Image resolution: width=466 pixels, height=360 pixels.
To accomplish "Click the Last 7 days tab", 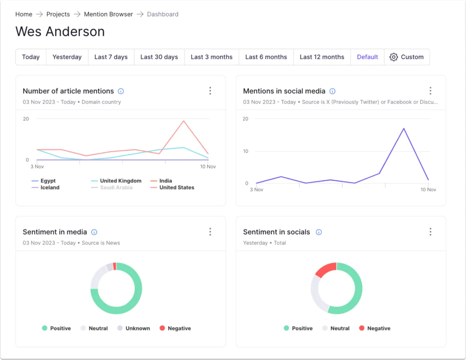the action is click(111, 57).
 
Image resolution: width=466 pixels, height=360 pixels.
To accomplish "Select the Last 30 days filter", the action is click(159, 57).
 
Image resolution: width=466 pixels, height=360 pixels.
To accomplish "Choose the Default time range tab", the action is click(367, 57).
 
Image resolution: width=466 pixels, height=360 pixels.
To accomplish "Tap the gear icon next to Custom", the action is click(394, 57).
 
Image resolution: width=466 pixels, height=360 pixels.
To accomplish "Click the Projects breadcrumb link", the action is click(58, 14).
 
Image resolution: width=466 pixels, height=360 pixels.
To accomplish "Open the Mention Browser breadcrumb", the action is click(108, 14).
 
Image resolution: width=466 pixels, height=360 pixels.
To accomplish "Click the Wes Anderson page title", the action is click(60, 31).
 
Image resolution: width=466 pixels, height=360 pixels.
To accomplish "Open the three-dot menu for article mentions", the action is click(210, 91).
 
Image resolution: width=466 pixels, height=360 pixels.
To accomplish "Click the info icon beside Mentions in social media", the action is click(332, 91).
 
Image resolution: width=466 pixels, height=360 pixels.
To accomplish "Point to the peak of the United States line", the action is click(184, 121).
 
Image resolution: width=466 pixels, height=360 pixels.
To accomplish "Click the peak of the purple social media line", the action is click(404, 128).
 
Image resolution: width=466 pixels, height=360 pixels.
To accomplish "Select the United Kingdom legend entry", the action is click(116, 181).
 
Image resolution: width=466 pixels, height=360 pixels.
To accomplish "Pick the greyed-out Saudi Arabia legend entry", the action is click(112, 188).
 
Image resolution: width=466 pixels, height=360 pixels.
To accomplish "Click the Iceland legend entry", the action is click(46, 188).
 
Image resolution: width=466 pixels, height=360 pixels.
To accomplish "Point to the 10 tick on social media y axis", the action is click(245, 151).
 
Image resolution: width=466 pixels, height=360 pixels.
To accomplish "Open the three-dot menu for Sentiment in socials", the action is click(431, 232).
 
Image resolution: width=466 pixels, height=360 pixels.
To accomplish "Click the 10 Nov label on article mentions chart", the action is click(208, 167).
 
